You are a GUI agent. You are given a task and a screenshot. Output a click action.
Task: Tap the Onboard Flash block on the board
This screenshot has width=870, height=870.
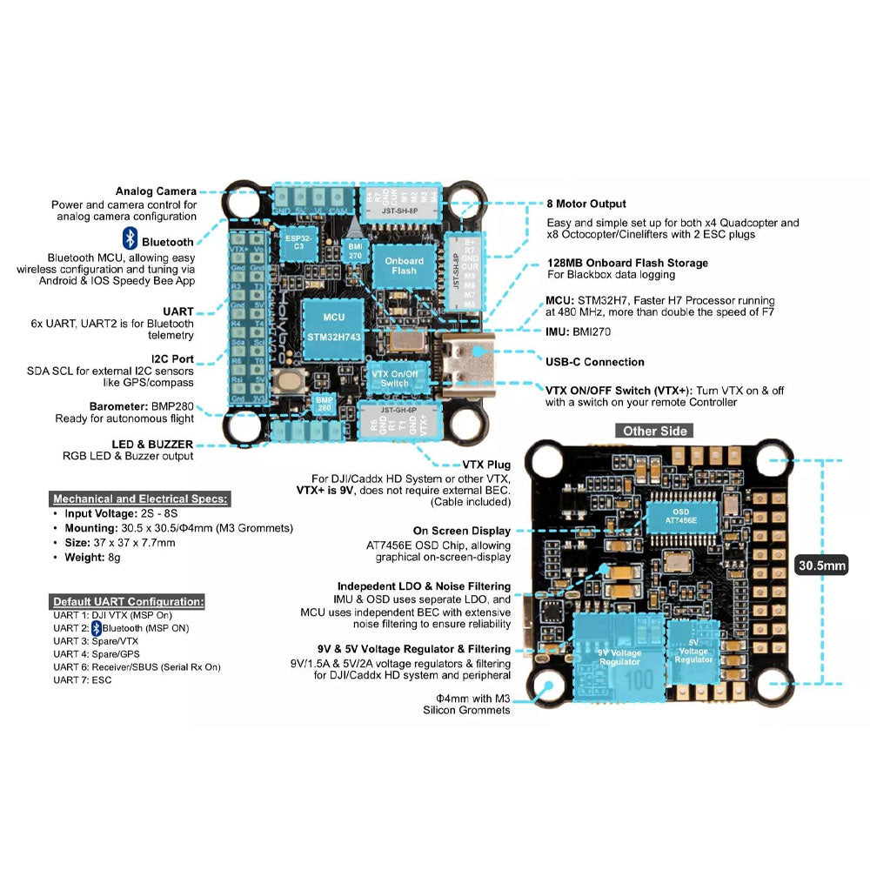[x=404, y=265]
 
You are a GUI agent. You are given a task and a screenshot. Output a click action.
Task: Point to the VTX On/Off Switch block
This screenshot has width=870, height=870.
[x=394, y=378]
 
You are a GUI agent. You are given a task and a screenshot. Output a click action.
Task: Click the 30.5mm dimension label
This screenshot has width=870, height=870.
[x=822, y=566]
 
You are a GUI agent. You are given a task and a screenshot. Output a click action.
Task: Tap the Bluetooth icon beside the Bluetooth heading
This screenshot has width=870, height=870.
[x=129, y=240]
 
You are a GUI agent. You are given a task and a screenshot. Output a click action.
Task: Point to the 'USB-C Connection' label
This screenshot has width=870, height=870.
[x=595, y=362]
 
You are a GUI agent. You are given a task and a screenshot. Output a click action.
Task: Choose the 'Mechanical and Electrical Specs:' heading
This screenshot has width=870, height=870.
[x=140, y=499]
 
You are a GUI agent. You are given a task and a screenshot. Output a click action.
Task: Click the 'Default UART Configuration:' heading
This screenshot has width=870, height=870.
[x=128, y=601]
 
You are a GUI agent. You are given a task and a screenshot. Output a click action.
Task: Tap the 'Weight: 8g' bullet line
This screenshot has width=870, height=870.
[x=91, y=557]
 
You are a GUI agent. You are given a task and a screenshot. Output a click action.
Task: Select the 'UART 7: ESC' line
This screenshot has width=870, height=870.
[x=82, y=679]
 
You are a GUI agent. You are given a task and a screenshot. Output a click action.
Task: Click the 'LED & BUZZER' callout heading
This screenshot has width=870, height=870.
[x=152, y=444]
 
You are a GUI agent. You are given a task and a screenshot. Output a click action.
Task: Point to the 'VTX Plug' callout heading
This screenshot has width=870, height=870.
[x=487, y=465]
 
